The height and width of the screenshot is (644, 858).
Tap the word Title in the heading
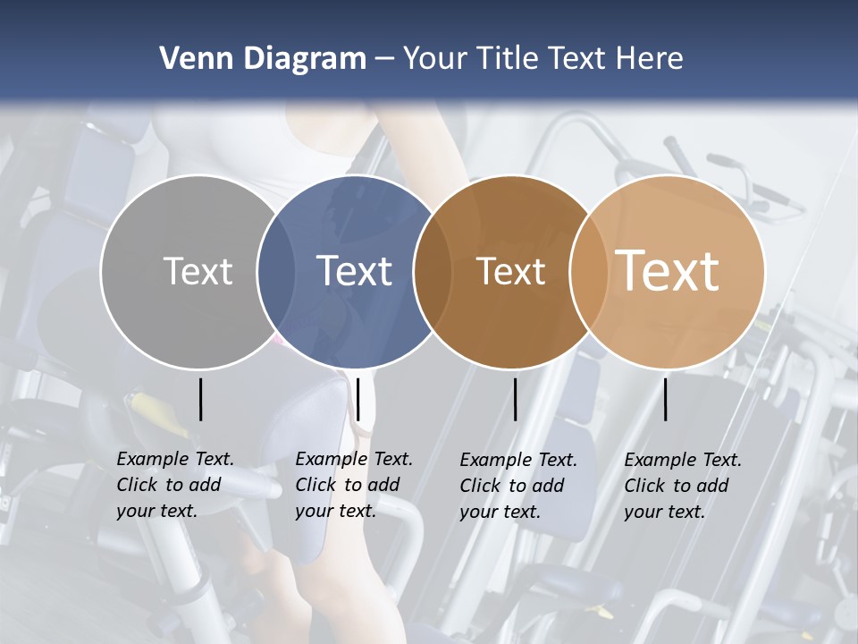pos(509,59)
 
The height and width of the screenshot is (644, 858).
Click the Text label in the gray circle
pos(198,271)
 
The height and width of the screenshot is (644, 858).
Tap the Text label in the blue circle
pos(355,271)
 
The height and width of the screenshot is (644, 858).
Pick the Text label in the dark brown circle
pos(510,271)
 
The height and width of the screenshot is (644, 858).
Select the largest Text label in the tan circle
pos(668,271)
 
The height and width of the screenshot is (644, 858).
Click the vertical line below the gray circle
pos(200,399)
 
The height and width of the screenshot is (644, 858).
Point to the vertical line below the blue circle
pos(357,399)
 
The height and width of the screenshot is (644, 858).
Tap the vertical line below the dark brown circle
pos(515,399)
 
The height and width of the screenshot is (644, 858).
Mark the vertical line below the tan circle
pos(665,399)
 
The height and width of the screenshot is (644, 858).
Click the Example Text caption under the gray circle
pos(175,485)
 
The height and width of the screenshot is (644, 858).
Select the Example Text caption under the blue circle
pos(354,485)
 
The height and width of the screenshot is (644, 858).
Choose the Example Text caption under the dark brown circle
pos(518,486)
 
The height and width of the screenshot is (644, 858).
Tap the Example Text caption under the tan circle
pos(683,486)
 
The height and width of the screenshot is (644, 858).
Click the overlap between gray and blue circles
pos(276,271)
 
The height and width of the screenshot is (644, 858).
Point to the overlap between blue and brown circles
pos(433,271)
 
